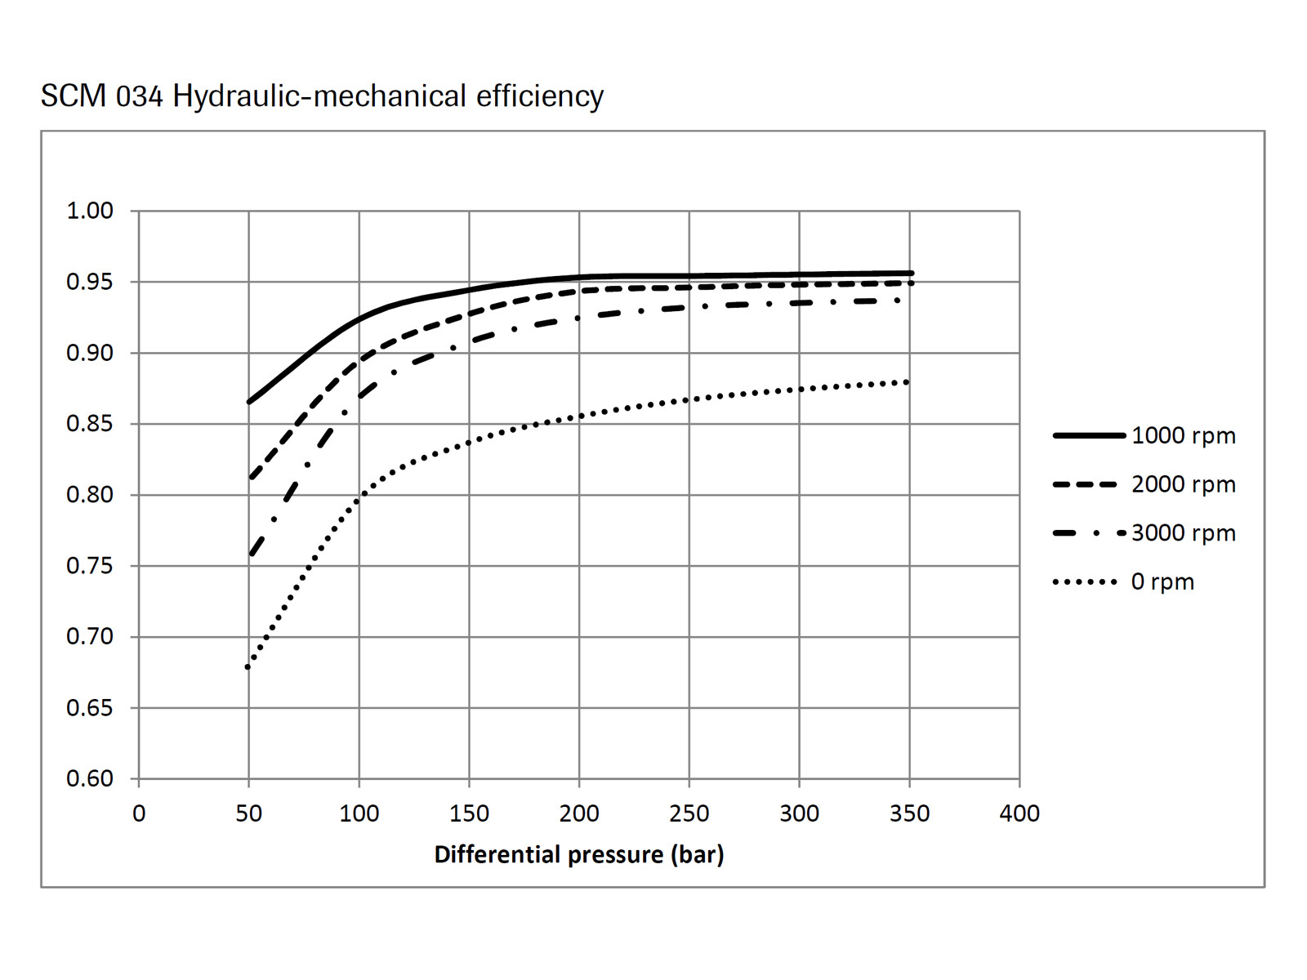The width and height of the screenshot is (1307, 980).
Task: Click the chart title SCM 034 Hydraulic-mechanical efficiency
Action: [x=322, y=96]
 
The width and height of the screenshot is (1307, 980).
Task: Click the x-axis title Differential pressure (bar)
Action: [x=578, y=855]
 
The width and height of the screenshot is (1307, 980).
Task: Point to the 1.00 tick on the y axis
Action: [x=90, y=211]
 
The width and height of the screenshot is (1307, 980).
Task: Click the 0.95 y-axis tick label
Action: [x=90, y=282]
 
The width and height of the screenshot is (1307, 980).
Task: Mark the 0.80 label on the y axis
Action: [x=90, y=495]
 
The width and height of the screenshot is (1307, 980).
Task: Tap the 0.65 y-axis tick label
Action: [x=90, y=708]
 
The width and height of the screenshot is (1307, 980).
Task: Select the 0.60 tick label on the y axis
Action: [x=90, y=779]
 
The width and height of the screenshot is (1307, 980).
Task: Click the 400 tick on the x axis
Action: [x=1019, y=813]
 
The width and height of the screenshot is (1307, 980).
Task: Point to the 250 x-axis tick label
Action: [x=689, y=813]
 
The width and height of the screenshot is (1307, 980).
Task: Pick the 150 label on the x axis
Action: [x=469, y=813]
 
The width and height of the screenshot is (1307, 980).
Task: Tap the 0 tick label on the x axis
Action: [x=139, y=813]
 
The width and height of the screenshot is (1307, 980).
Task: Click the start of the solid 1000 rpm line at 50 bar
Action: [x=249, y=402]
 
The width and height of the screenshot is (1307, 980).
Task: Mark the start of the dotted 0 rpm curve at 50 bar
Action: [x=248, y=667]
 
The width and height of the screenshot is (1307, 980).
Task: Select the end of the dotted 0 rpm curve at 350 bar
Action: [x=908, y=382]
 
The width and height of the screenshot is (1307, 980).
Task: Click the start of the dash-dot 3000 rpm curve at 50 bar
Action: [x=251, y=555]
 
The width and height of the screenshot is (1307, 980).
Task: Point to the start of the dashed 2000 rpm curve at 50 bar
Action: [x=251, y=478]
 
